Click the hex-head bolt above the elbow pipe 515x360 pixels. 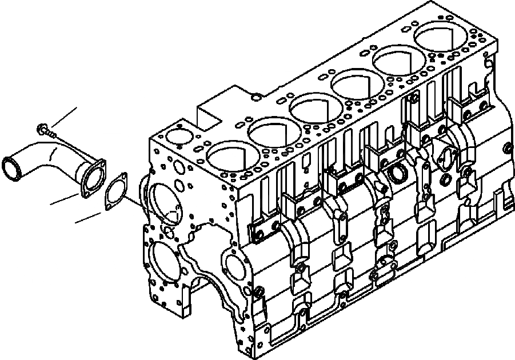pos(42,129)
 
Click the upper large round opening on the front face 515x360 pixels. pos(164,203)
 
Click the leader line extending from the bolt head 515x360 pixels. pos(63,117)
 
